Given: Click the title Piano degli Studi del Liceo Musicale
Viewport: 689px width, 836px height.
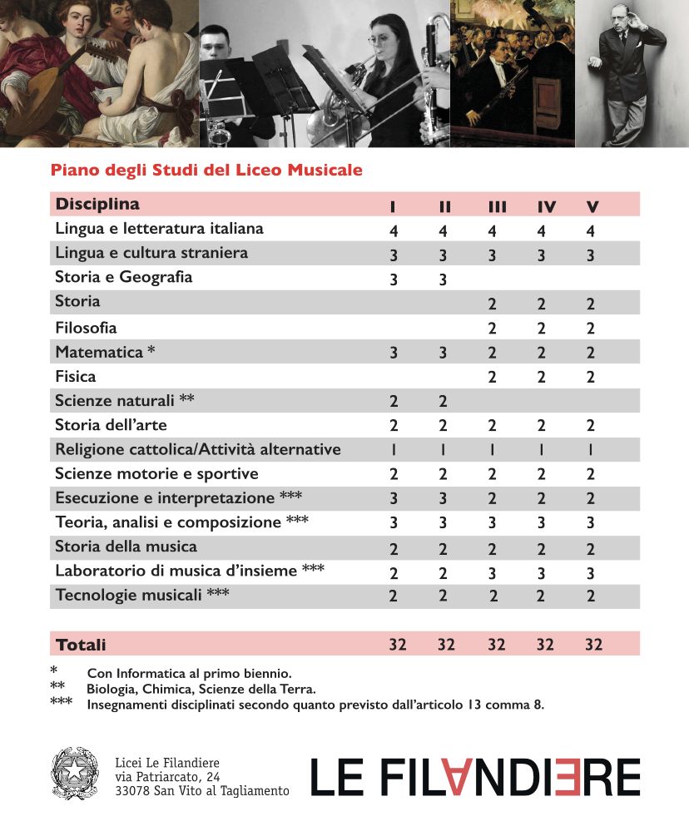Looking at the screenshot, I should click(206, 171).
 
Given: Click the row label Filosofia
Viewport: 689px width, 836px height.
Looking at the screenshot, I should click(86, 328).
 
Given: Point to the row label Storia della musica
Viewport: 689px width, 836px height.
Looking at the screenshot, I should click(126, 547).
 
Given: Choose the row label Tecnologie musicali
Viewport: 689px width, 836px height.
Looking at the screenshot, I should click(141, 595).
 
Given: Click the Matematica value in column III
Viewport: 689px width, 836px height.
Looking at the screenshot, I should click(493, 353).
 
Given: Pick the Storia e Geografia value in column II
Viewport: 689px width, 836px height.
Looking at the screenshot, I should click(443, 279).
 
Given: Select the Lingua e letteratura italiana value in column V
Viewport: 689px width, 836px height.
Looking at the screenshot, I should click(591, 231).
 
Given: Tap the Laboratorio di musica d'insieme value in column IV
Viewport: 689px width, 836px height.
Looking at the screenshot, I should click(541, 572).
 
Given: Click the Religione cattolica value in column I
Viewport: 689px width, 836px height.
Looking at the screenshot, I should click(394, 450).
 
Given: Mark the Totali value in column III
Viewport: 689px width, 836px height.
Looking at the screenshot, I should click(496, 645).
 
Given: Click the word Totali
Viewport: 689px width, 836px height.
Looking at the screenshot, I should click(81, 645).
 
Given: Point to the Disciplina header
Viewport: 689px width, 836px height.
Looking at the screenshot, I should click(97, 204).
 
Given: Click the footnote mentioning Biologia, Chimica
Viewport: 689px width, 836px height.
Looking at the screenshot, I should click(201, 690).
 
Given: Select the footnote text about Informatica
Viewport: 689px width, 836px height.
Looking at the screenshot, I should click(189, 673).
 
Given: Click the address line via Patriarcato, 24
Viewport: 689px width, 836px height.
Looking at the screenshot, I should click(167, 776).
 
